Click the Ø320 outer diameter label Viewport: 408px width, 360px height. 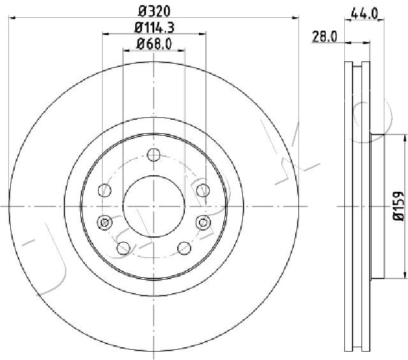pyautogui.click(x=154, y=11)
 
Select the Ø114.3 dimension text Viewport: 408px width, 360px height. pyautogui.click(x=154, y=27)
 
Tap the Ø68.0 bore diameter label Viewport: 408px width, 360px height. pyautogui.click(x=154, y=44)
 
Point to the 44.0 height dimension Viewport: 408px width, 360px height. pyautogui.click(x=364, y=13)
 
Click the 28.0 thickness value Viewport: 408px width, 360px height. pyautogui.click(x=324, y=36)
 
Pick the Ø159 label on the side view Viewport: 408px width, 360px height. pyautogui.click(x=398, y=206)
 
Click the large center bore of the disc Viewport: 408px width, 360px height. pyautogui.click(x=154, y=206)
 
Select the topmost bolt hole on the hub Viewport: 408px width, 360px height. pyautogui.click(x=154, y=155)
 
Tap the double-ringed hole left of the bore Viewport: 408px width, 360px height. pyautogui.click(x=105, y=222)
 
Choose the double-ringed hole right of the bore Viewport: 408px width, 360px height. pyautogui.click(x=203, y=222)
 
